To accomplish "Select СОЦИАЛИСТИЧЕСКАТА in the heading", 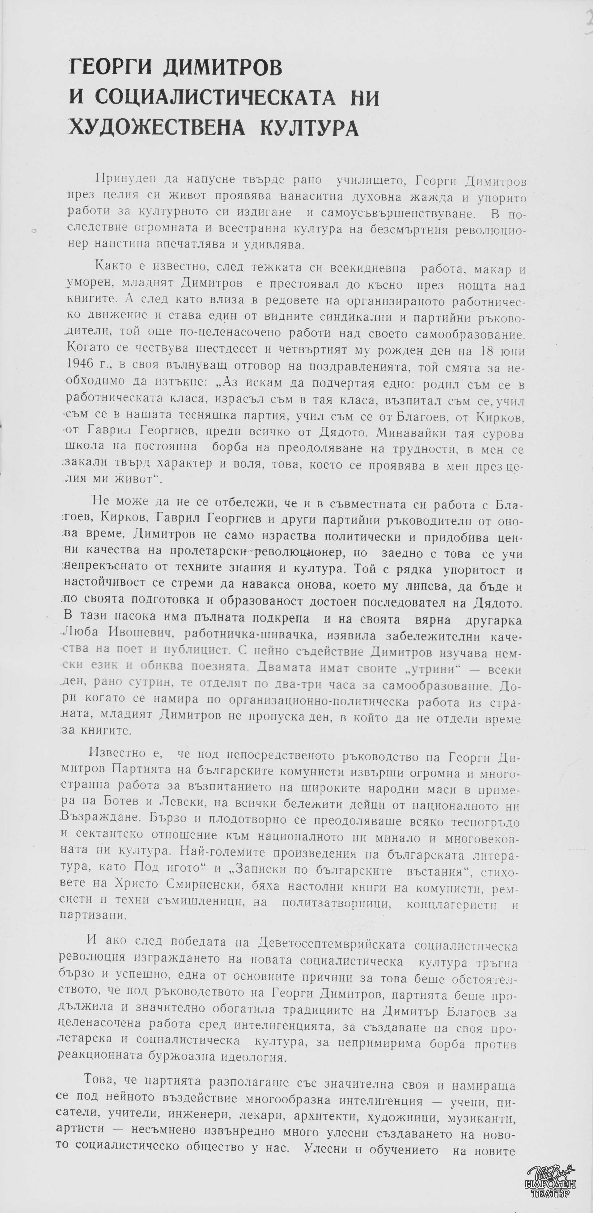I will coord(215,98).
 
